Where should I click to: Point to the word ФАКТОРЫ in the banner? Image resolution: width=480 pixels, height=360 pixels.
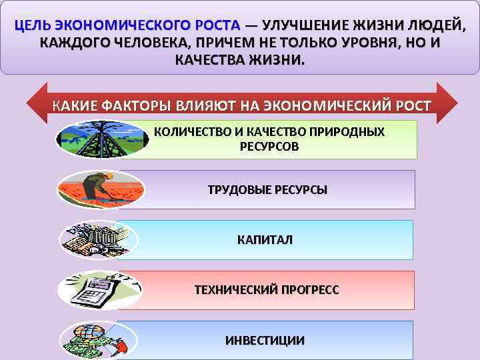coord(135,106)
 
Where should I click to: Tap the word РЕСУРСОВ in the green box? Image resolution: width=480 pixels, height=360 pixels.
coord(269,145)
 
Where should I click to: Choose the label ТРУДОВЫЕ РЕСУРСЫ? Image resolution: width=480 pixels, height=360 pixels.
coord(268,190)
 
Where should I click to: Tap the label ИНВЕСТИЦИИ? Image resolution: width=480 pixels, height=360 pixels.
coord(265,340)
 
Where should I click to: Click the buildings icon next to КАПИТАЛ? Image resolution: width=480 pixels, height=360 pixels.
coord(99,237)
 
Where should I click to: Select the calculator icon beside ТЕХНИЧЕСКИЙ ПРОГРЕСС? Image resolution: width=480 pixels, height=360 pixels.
coord(97,289)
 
